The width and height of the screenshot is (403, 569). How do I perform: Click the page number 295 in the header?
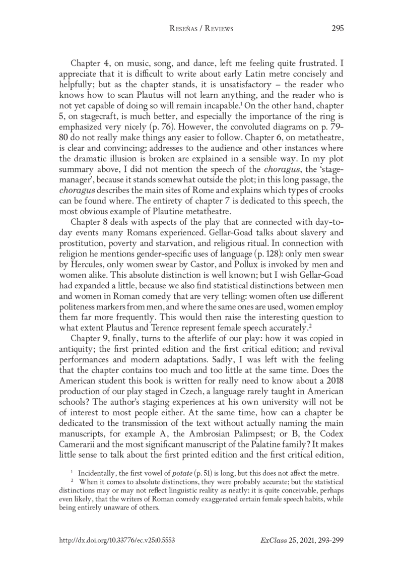(338, 29)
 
